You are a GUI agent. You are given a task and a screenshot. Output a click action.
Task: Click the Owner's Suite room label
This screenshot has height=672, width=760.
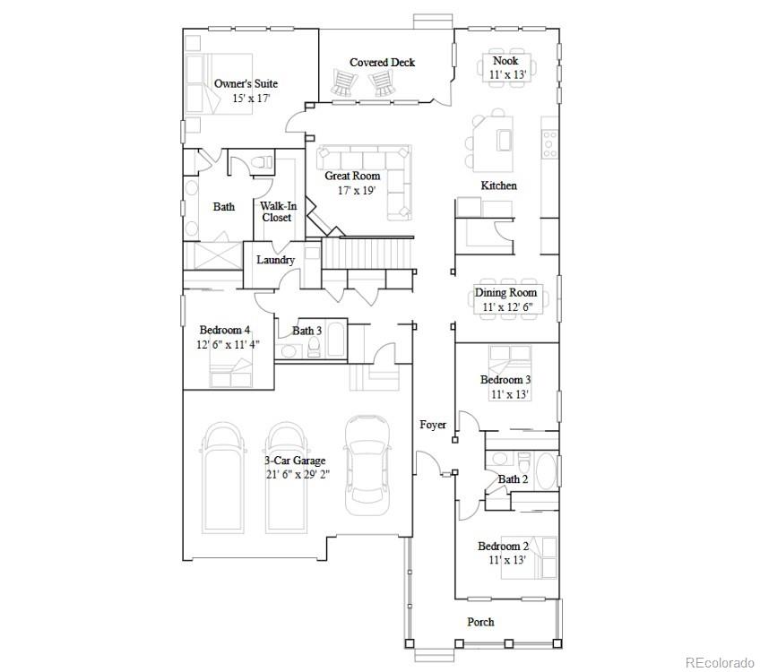click(x=246, y=83)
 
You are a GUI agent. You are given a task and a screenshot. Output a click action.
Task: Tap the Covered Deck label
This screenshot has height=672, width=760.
click(x=382, y=63)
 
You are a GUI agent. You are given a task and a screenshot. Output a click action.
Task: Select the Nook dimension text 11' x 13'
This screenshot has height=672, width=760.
click(x=507, y=74)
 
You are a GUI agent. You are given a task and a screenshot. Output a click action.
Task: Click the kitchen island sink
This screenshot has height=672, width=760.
click(x=504, y=140)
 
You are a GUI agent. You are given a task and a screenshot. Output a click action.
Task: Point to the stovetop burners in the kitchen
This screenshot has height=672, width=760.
click(x=549, y=144)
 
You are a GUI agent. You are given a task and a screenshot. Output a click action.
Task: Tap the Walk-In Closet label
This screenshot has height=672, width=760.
click(x=278, y=211)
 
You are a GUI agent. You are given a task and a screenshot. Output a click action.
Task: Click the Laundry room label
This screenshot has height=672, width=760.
click(x=275, y=260)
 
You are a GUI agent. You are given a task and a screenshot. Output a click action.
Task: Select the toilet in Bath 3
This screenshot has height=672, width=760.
click(x=314, y=347)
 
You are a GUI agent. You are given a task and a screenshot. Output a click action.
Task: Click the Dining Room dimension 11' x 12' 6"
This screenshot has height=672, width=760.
click(x=507, y=306)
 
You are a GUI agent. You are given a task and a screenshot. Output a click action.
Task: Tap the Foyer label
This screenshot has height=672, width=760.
click(x=433, y=425)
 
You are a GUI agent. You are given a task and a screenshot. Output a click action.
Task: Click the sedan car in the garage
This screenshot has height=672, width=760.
click(x=367, y=465)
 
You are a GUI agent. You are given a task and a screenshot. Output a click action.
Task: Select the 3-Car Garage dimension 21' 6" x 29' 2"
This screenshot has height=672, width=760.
click(x=298, y=474)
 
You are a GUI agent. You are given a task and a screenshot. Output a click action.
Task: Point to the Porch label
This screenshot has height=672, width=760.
click(x=480, y=622)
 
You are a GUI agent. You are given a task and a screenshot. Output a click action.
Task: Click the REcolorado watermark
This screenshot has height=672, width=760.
click(x=720, y=662)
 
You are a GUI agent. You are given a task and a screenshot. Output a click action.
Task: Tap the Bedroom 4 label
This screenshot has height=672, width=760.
click(x=225, y=330)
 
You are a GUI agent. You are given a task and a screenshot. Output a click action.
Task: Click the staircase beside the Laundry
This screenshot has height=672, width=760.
click(x=367, y=254)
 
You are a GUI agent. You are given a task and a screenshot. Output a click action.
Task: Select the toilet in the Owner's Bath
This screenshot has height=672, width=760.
click(x=263, y=161)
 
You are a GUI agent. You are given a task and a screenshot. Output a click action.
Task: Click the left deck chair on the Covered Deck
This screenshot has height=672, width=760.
click(x=343, y=82)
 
